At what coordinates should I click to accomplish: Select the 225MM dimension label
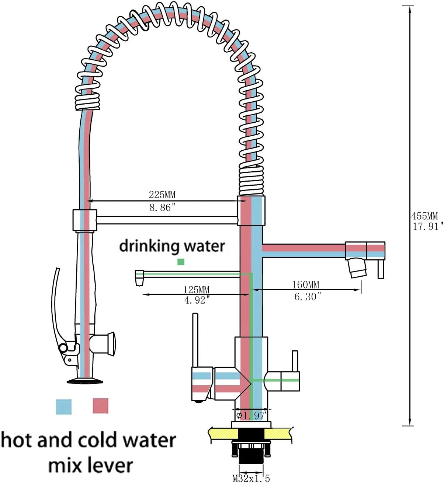(x=162, y=195)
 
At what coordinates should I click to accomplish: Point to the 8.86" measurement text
(x=162, y=207)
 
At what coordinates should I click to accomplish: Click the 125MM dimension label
(x=196, y=290)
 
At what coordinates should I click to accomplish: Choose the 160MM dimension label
(x=306, y=285)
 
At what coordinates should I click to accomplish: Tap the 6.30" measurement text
(x=308, y=297)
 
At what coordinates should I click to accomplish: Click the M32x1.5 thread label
(x=251, y=478)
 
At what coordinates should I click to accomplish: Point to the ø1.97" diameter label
(x=251, y=416)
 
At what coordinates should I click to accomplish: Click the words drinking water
(x=172, y=246)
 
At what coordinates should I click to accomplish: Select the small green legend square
(x=181, y=262)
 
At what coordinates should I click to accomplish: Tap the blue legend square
(x=63, y=406)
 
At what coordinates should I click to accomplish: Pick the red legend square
(x=100, y=406)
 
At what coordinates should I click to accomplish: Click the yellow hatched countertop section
(x=280, y=433)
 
